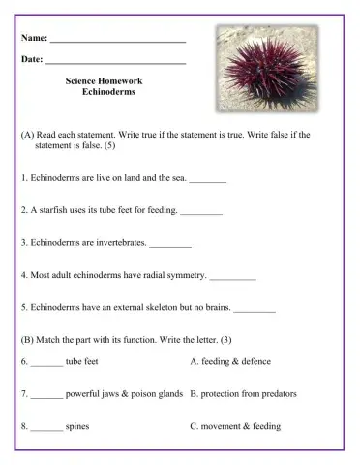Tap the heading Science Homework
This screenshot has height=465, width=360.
click(x=107, y=83)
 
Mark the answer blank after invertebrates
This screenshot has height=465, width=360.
click(x=171, y=243)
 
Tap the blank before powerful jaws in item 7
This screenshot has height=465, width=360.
click(x=46, y=396)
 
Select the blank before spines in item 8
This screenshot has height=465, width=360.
click(x=46, y=428)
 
